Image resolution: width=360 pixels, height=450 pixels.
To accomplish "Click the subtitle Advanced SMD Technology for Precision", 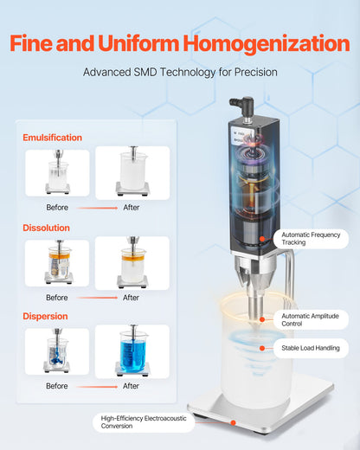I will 180,73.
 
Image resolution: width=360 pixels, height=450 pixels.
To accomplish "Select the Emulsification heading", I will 54,138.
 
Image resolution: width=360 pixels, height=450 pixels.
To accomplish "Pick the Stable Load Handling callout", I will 314,348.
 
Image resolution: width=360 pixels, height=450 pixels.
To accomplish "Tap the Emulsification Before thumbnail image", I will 57,173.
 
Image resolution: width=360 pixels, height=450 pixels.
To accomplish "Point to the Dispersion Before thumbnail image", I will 57,351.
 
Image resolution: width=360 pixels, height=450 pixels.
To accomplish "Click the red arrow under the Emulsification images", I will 94,208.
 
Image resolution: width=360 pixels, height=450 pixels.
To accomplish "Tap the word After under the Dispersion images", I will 131,386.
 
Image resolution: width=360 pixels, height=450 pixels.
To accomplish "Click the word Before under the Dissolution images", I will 57,298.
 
